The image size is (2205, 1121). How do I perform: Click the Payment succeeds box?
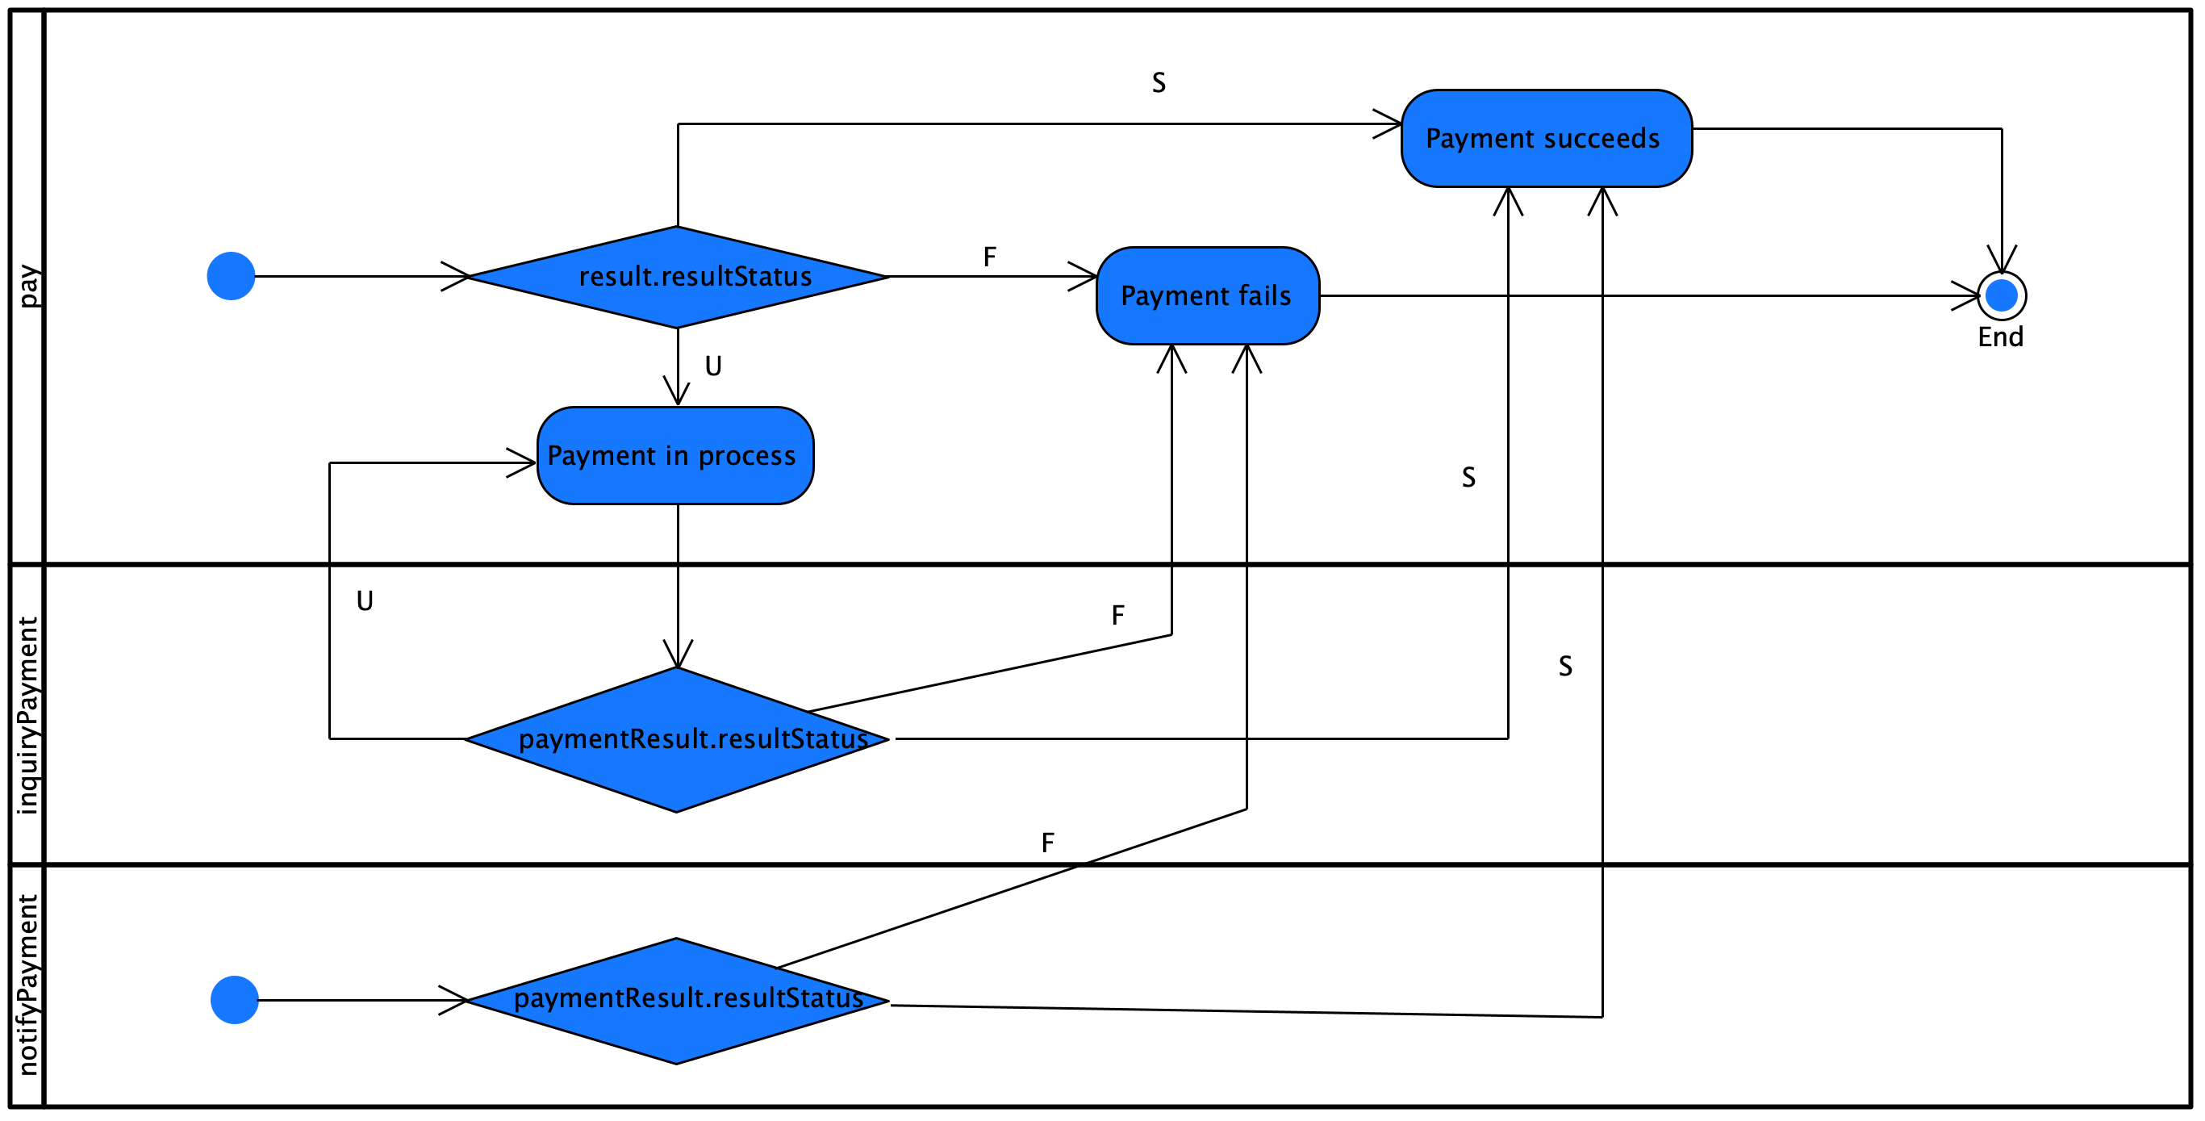(x=1546, y=139)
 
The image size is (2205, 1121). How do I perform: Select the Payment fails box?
(x=1207, y=296)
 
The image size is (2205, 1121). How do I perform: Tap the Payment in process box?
(x=674, y=456)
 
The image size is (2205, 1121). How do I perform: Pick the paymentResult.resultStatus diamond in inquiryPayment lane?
(x=676, y=740)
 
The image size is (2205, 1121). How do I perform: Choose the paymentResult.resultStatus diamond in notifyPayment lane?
(x=676, y=1001)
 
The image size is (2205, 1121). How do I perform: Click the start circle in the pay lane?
(x=231, y=277)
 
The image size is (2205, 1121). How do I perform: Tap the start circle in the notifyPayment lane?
(x=235, y=1000)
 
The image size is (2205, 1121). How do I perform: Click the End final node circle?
(x=2001, y=296)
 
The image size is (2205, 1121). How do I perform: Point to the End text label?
(x=2000, y=337)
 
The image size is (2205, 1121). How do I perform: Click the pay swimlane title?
(x=27, y=286)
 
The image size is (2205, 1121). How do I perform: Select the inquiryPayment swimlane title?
(x=27, y=715)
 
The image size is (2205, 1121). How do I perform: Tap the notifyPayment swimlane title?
(x=27, y=985)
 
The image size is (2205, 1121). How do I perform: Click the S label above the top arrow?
(x=1158, y=83)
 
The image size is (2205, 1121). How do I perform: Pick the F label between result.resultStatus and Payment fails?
(x=989, y=257)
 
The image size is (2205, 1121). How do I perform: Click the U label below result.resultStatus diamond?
(x=713, y=366)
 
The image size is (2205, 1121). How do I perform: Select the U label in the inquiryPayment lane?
(x=365, y=601)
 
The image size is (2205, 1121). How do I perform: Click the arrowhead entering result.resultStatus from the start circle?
(x=458, y=277)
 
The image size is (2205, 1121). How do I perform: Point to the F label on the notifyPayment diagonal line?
(x=1048, y=843)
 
